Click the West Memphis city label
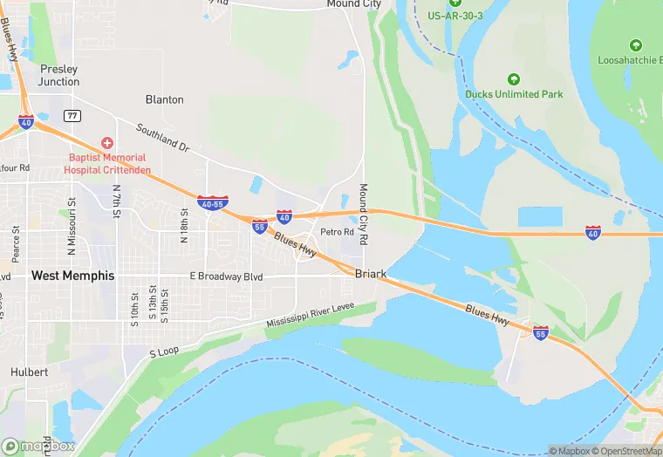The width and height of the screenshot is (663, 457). pyautogui.click(x=72, y=276)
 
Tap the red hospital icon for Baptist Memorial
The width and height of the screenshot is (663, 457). pyautogui.click(x=107, y=142)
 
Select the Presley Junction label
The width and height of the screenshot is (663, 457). pyautogui.click(x=58, y=75)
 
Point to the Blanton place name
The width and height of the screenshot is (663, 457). pyautogui.click(x=165, y=99)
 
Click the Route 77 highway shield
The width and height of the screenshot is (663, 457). pyautogui.click(x=72, y=114)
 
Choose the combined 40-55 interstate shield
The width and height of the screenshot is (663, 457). pyautogui.click(x=214, y=203)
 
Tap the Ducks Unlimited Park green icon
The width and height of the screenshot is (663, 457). pyautogui.click(x=513, y=79)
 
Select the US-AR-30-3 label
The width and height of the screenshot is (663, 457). pyautogui.click(x=455, y=16)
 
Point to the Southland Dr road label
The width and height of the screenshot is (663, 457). pyautogui.click(x=162, y=137)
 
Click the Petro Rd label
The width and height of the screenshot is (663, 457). pyautogui.click(x=337, y=232)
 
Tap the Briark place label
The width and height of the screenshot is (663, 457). pyautogui.click(x=371, y=274)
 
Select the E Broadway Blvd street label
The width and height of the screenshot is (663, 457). pyautogui.click(x=226, y=276)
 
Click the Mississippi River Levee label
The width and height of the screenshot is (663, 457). pyautogui.click(x=321, y=315)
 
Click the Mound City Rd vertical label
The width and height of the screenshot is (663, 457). pyautogui.click(x=364, y=213)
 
